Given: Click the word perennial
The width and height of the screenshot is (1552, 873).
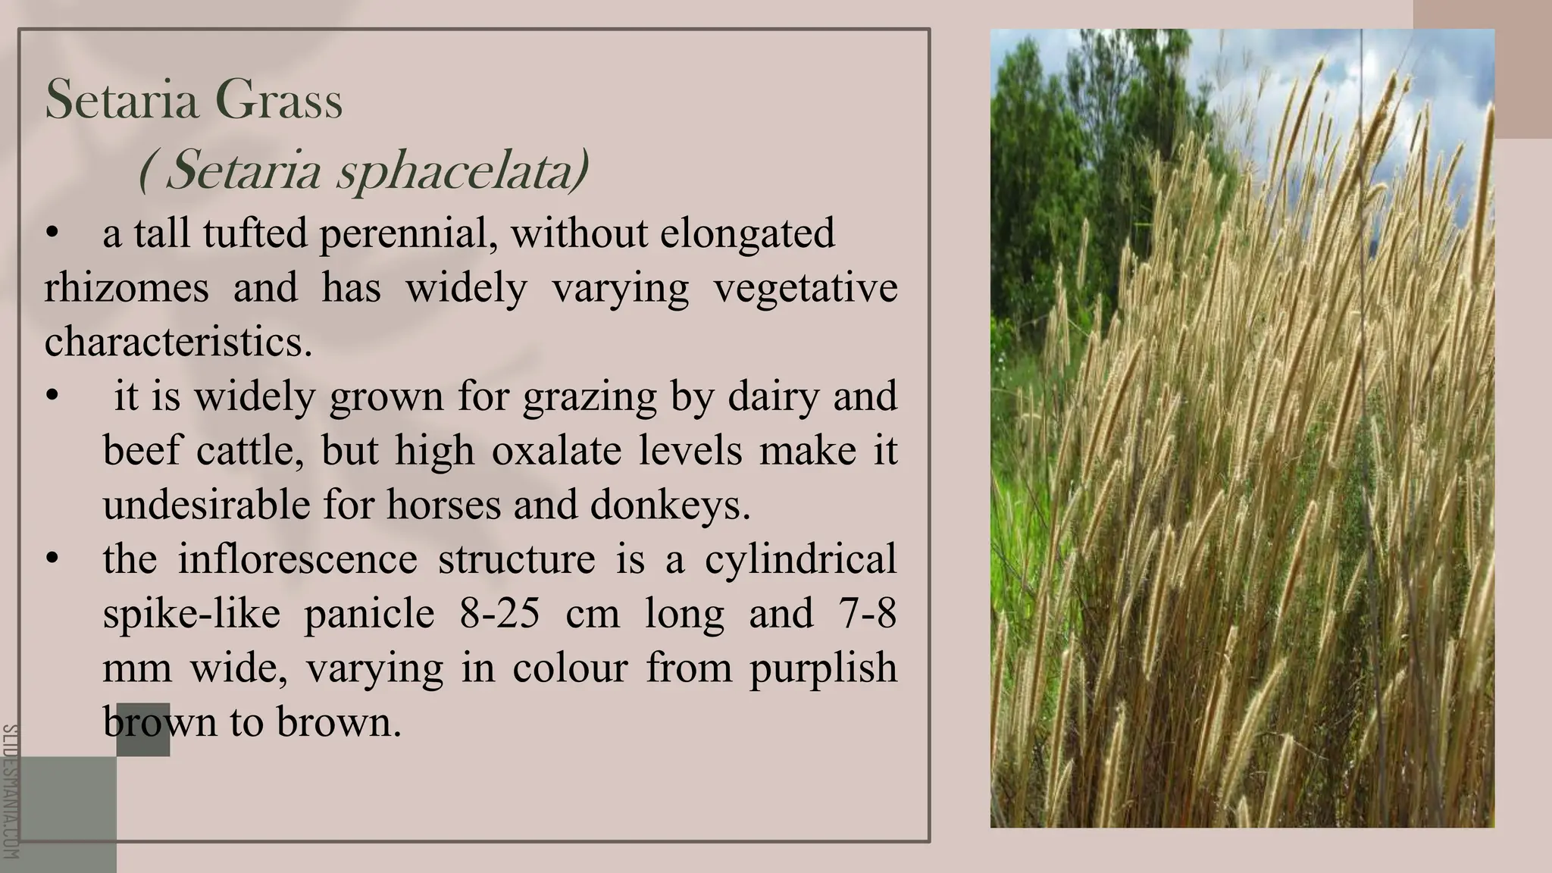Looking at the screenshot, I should pyautogui.click(x=408, y=233).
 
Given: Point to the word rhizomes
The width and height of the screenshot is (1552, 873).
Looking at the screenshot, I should pyautogui.click(x=127, y=288).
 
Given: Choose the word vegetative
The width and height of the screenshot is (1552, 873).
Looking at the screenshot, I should pyautogui.click(x=806, y=288).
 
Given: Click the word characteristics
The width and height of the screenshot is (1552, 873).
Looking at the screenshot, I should pyautogui.click(x=177, y=342).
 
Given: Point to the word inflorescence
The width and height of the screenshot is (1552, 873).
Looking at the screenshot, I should pyautogui.click(x=297, y=559).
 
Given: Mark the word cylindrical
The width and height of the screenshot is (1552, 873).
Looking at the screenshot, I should pyautogui.click(x=800, y=559).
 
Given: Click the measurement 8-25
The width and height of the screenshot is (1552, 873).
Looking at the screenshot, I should pyautogui.click(x=499, y=613).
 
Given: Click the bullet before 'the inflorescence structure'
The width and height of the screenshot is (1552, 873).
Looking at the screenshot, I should pyautogui.click(x=52, y=559).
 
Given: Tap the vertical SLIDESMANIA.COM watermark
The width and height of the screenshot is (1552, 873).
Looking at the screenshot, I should pyautogui.click(x=10, y=792).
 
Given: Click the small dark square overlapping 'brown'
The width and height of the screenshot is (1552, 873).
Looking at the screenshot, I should pyautogui.click(x=143, y=729).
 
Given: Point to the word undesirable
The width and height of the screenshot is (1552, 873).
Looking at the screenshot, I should pyautogui.click(x=206, y=505).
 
